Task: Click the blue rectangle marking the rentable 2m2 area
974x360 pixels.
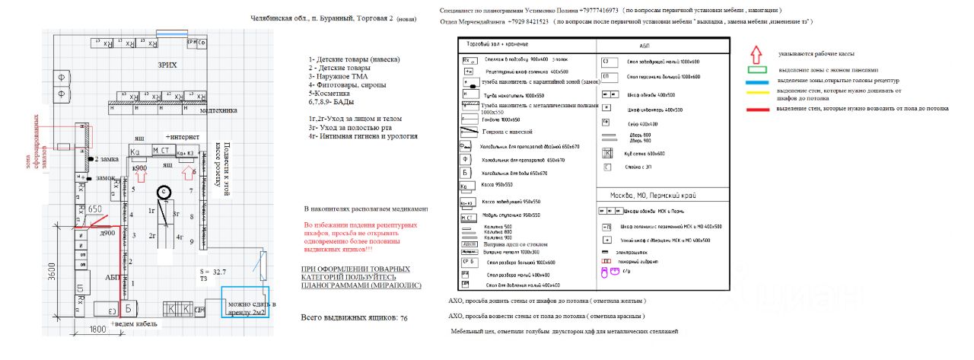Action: [245, 302]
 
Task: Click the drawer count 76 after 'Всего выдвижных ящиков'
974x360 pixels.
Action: [404, 317]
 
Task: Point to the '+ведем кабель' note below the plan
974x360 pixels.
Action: [134, 324]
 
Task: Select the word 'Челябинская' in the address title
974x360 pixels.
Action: [273, 18]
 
